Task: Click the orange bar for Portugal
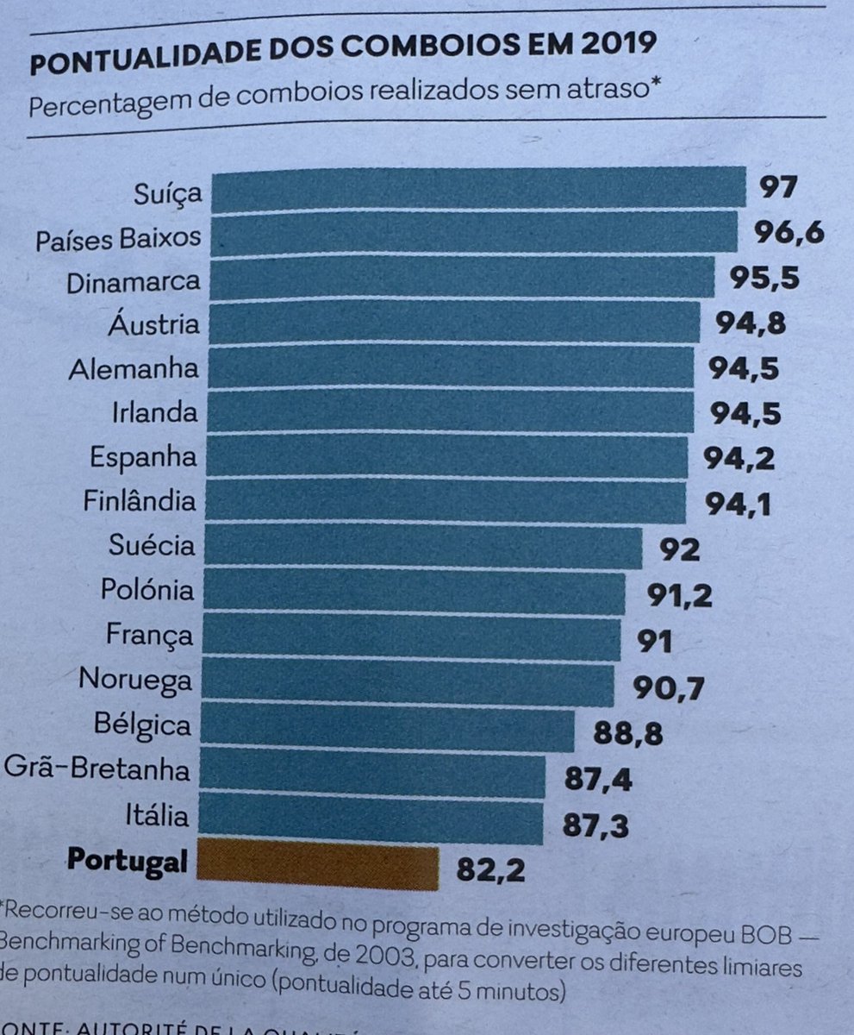tap(315, 862)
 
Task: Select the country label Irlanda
tap(154, 412)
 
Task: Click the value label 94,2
tap(739, 458)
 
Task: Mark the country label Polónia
tap(147, 592)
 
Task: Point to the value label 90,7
tap(670, 687)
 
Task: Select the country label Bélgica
tap(143, 724)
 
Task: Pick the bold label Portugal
tap(128, 861)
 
